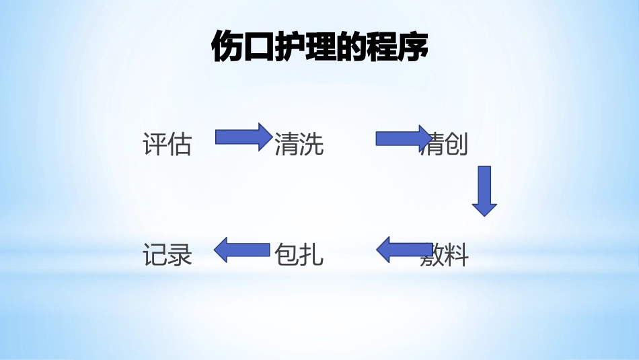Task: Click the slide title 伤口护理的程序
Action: [x=319, y=48]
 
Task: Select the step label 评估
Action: [x=167, y=144]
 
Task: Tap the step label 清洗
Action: [x=299, y=144]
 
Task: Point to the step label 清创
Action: [x=444, y=144]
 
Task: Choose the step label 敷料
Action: [x=444, y=256]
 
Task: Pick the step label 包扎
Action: [x=299, y=255]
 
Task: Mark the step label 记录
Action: [x=167, y=255]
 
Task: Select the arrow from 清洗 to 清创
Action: [x=402, y=139]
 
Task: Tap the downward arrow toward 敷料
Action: [x=484, y=190]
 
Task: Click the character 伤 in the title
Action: [x=226, y=48]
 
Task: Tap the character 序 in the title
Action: [x=413, y=48]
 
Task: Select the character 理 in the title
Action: [x=319, y=48]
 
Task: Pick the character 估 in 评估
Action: [x=180, y=144]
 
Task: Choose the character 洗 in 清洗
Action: [x=311, y=144]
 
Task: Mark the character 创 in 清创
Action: [x=457, y=144]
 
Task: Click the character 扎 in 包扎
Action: [x=311, y=255]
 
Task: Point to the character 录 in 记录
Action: [x=180, y=255]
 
